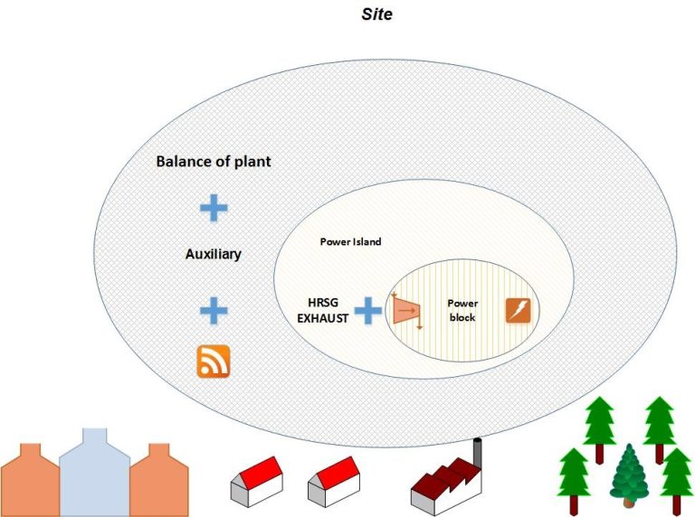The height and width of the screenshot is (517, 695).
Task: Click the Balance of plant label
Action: [214, 162]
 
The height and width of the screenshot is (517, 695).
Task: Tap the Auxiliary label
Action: [214, 254]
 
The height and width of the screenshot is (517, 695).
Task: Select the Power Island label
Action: [351, 242]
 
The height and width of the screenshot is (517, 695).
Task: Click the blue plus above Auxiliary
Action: [214, 208]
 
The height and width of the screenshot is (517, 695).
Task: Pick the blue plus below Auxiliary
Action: [214, 311]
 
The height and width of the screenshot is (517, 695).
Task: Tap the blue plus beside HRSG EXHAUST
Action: [367, 312]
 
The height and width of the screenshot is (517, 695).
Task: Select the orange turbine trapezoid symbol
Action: [406, 311]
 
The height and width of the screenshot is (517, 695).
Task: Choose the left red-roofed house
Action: [258, 482]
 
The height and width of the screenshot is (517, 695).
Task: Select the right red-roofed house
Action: [334, 482]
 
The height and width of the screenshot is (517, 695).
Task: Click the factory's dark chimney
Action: [478, 450]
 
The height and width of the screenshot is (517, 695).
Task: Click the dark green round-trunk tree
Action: [628, 474]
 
